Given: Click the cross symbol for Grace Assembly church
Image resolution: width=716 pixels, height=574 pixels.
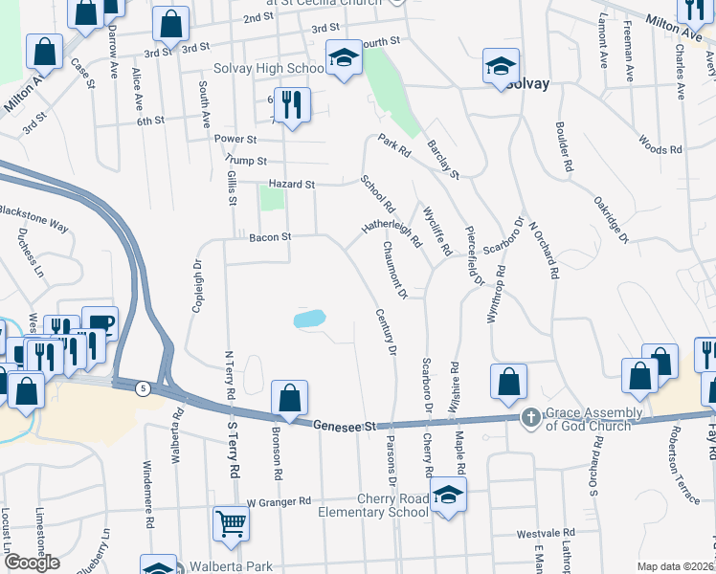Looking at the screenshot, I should pos(531,418).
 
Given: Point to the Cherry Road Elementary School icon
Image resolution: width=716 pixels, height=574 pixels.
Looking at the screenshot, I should pos(448,496).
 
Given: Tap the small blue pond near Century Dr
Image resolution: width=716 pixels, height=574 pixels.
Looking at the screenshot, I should pos(309,319).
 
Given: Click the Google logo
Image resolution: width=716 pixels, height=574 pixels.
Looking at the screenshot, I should pos(32,563).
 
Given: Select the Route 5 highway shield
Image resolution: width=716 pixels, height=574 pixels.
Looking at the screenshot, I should pos(142,387).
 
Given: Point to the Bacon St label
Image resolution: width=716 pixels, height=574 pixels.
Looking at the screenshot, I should pos(269,237).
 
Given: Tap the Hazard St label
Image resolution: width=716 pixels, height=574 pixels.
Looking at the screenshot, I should pos(292,184).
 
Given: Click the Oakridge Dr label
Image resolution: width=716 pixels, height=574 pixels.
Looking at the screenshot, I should pos(612,219).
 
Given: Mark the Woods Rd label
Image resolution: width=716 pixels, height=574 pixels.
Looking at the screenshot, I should pos(660,149).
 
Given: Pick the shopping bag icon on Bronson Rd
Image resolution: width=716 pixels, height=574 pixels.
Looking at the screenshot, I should pos(289,397).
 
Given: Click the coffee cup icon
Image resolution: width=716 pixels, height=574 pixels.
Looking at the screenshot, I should pos(100,323).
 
